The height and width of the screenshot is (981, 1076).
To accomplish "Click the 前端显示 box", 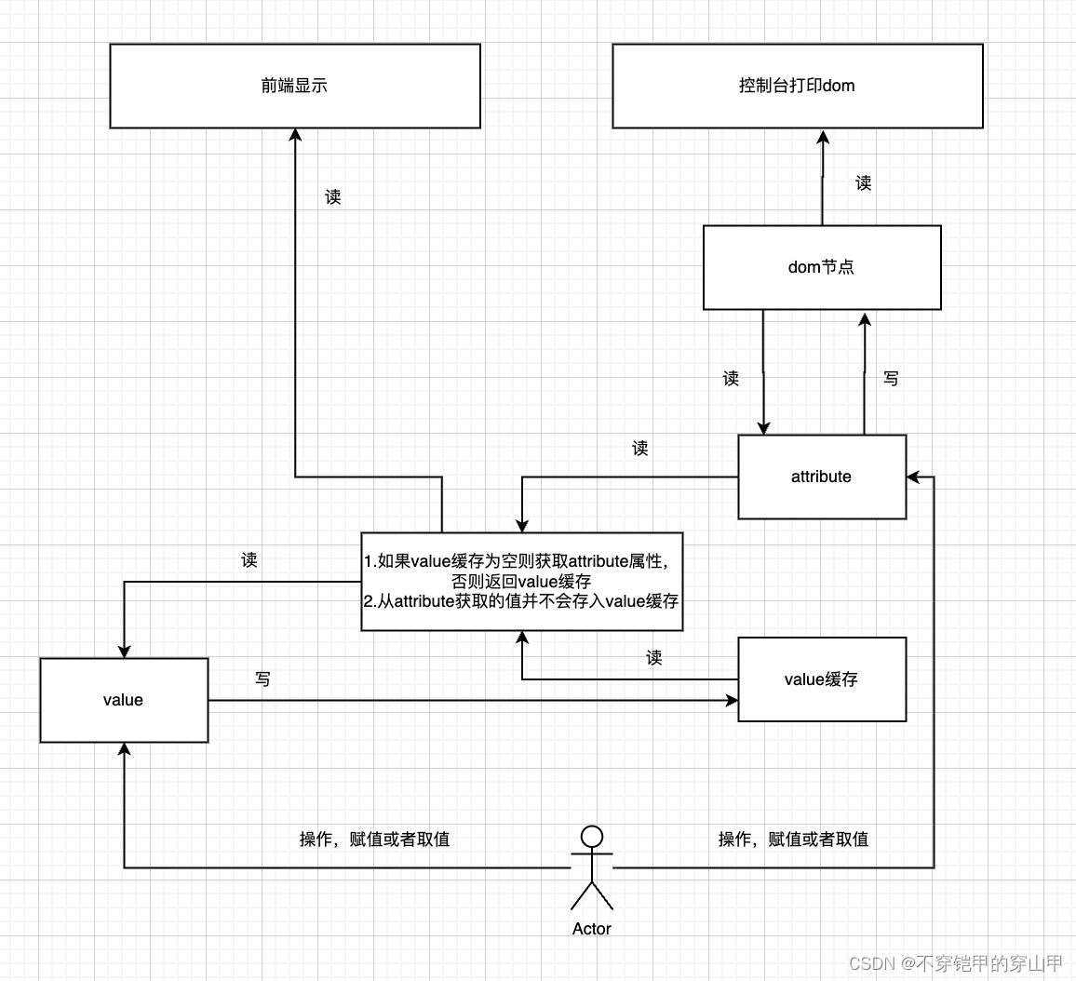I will pyautogui.click(x=295, y=86).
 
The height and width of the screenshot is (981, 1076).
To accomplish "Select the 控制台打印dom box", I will pyautogui.click(x=797, y=86).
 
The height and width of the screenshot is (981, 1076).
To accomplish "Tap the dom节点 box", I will pyautogui.click(x=821, y=267).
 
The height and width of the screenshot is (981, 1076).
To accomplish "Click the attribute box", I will pyautogui.click(x=821, y=477).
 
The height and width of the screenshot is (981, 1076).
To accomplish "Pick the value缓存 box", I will pyautogui.click(x=821, y=679).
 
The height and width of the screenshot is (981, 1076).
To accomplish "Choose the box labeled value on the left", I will pyautogui.click(x=124, y=700).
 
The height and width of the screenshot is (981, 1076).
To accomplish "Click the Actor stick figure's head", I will pyautogui.click(x=592, y=835).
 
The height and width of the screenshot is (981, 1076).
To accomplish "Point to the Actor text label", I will pyautogui.click(x=592, y=929).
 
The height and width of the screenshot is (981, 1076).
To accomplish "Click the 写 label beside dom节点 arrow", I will pyautogui.click(x=891, y=379).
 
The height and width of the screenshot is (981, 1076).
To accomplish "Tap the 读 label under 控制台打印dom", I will pyautogui.click(x=864, y=183).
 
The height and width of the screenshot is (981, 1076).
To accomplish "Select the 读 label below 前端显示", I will pyautogui.click(x=333, y=197).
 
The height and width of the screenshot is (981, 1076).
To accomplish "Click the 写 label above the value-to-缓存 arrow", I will pyautogui.click(x=263, y=679).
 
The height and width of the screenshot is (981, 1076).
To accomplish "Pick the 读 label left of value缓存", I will pyautogui.click(x=654, y=658).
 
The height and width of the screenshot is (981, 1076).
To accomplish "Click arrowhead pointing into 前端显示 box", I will pyautogui.click(x=295, y=135).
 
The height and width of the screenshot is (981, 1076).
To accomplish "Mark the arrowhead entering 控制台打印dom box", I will pyautogui.click(x=823, y=136).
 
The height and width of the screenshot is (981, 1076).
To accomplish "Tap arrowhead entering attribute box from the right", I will pyautogui.click(x=913, y=477).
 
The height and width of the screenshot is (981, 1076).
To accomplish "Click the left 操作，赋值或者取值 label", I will pyautogui.click(x=374, y=840).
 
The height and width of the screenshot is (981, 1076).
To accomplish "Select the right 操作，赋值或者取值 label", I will pyautogui.click(x=793, y=840).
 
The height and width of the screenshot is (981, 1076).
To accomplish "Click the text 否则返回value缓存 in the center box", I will pyautogui.click(x=521, y=582).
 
